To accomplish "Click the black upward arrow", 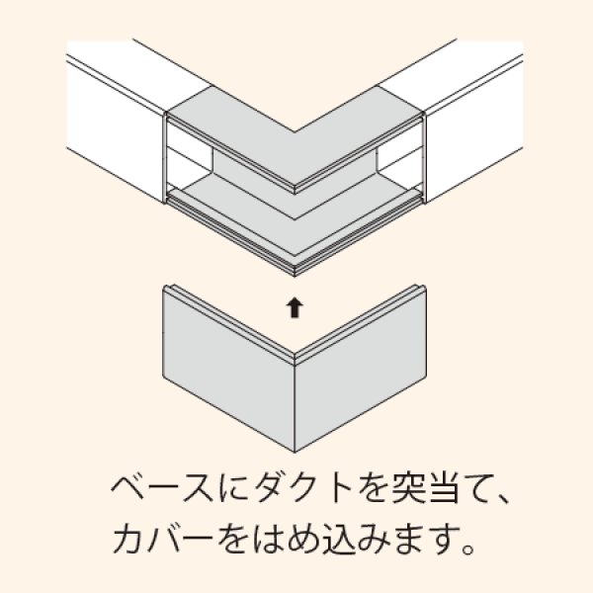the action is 295,307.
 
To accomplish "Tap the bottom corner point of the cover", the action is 295,453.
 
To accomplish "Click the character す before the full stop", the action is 445,539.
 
